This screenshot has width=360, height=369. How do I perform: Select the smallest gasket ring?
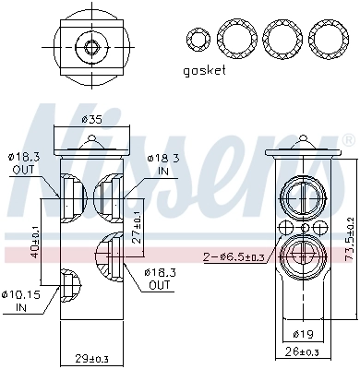tap(196, 38)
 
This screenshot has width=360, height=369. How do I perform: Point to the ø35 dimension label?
tap(90, 119)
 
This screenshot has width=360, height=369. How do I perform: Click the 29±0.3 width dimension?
tap(90, 358)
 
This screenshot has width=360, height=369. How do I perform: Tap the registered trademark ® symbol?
tap(347, 139)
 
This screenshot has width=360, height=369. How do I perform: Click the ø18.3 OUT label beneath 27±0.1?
tap(157, 279)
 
